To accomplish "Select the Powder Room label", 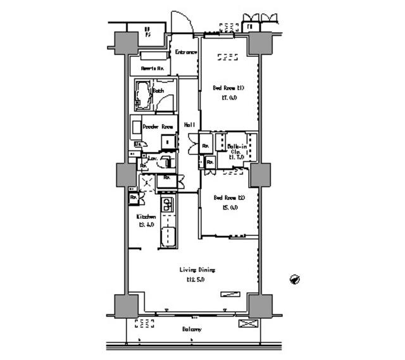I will click(x=158, y=127).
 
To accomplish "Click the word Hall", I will click(x=189, y=125).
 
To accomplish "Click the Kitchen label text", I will click(x=147, y=216).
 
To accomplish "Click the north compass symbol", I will click(x=295, y=279).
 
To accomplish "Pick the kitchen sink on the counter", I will click(x=167, y=204).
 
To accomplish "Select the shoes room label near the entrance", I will click(x=153, y=68).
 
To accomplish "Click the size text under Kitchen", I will click(x=147, y=225).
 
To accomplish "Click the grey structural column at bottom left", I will click(x=126, y=306).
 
